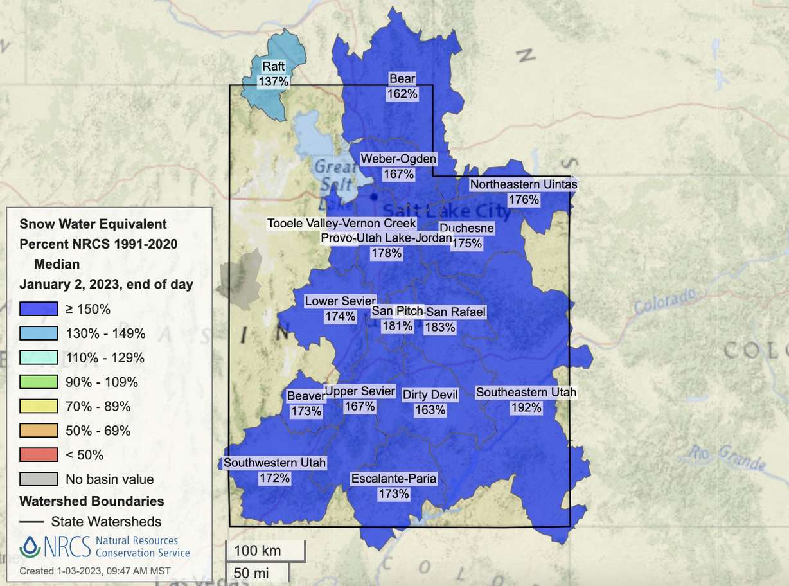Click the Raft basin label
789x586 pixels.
coord(273,67)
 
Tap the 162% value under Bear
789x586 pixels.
coord(402,94)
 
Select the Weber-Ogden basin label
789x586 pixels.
coord(398,159)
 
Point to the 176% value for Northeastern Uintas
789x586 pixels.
coord(524,200)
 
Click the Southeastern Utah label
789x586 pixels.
coord(526,392)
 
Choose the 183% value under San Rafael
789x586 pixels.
coord(440,327)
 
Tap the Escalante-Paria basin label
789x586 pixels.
coord(394,479)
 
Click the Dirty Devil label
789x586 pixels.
coord(430,395)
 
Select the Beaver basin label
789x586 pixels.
coord(306,396)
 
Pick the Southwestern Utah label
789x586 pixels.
coord(275,463)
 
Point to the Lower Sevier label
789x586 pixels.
coord(340,301)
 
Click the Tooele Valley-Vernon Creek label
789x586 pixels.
coord(342,224)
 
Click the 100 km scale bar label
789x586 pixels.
coord(254,551)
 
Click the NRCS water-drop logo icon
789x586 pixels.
coord(30,546)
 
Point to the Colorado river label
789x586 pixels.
coord(665,301)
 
